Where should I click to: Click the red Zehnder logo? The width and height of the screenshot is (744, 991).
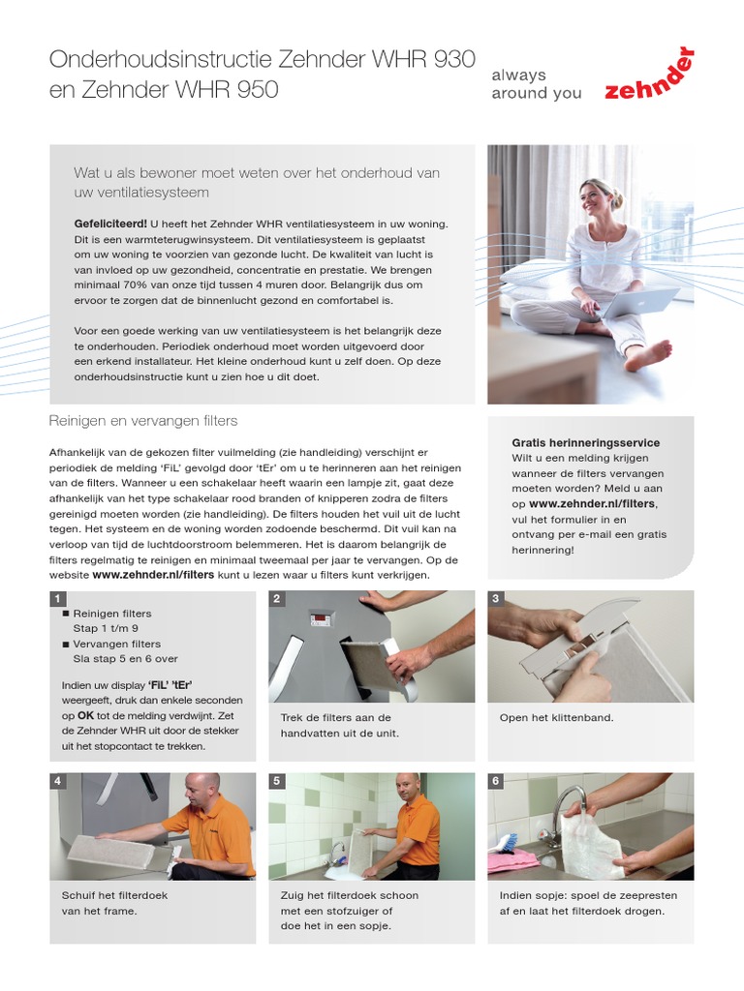(x=649, y=77)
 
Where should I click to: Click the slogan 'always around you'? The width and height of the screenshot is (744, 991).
(x=537, y=84)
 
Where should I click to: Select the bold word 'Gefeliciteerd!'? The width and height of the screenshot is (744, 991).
(x=110, y=224)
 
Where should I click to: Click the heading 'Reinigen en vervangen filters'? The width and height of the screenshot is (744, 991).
(x=143, y=421)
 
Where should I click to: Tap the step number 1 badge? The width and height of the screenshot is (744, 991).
(x=58, y=598)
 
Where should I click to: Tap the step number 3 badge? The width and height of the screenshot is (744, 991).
(x=496, y=598)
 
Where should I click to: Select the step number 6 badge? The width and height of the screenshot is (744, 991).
(x=496, y=780)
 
